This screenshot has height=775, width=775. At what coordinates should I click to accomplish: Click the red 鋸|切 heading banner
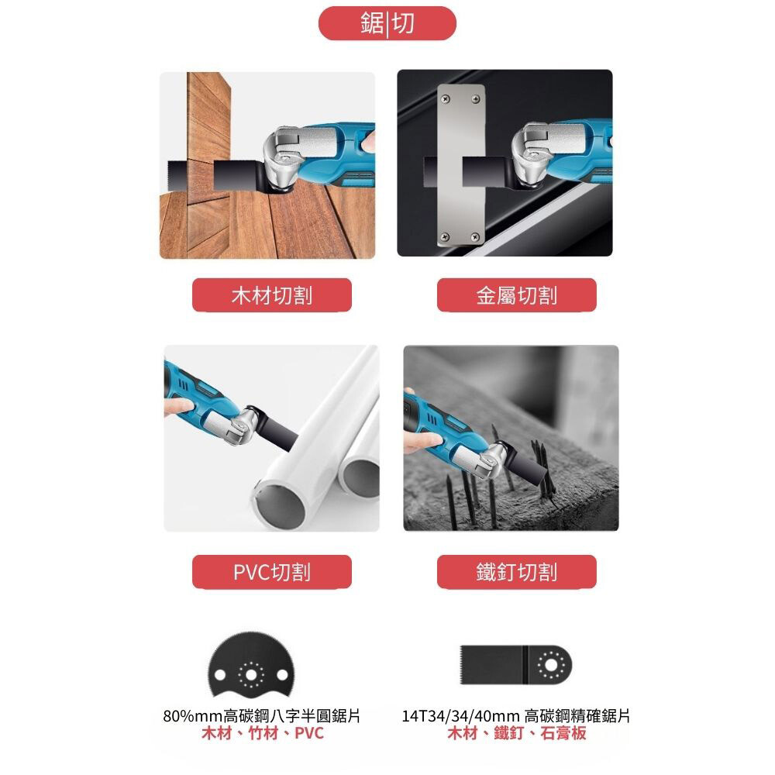pos(387,23)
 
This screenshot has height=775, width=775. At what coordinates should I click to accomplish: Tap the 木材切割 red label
pos(272,295)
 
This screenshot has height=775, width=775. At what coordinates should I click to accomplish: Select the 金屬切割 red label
pos(516,295)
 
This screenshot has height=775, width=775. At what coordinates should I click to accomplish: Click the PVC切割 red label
pos(272,572)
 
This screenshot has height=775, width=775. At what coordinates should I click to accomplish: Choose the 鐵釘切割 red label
pos(516,572)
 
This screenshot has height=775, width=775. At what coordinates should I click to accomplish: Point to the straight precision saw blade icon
pos(515,665)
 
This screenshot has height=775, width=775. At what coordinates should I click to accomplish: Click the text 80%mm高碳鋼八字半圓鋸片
pos(262,715)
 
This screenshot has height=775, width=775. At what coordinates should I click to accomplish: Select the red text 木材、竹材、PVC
pos(263,733)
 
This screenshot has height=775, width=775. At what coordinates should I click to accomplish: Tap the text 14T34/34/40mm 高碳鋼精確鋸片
pos(515,715)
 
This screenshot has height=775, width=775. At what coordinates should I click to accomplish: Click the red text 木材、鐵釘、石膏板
pos(516,733)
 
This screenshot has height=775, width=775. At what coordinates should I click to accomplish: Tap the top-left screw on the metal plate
pos(446,99)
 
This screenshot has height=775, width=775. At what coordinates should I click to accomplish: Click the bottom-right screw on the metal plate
pos(476,237)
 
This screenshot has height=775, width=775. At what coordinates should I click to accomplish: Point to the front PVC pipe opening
pos(280,506)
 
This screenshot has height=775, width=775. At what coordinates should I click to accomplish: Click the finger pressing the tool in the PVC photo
pos(178,406)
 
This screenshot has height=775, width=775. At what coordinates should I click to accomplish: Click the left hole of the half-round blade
pos(219,675)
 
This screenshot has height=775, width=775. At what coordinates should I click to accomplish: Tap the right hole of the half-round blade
pos(282,675)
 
